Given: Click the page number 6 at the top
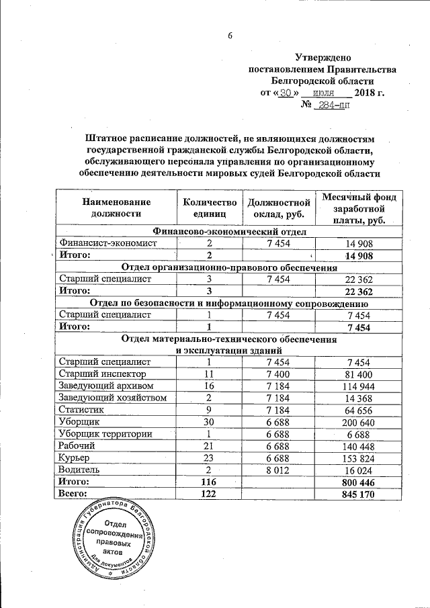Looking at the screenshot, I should pyautogui.click(x=228, y=36).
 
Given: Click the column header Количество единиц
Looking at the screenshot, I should pyautogui.click(x=209, y=208).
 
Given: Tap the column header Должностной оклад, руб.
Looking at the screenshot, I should pyautogui.click(x=278, y=208).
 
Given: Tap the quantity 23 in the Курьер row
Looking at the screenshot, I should pyautogui.click(x=209, y=458).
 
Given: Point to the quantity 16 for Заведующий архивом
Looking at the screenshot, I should pyautogui.click(x=209, y=385).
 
